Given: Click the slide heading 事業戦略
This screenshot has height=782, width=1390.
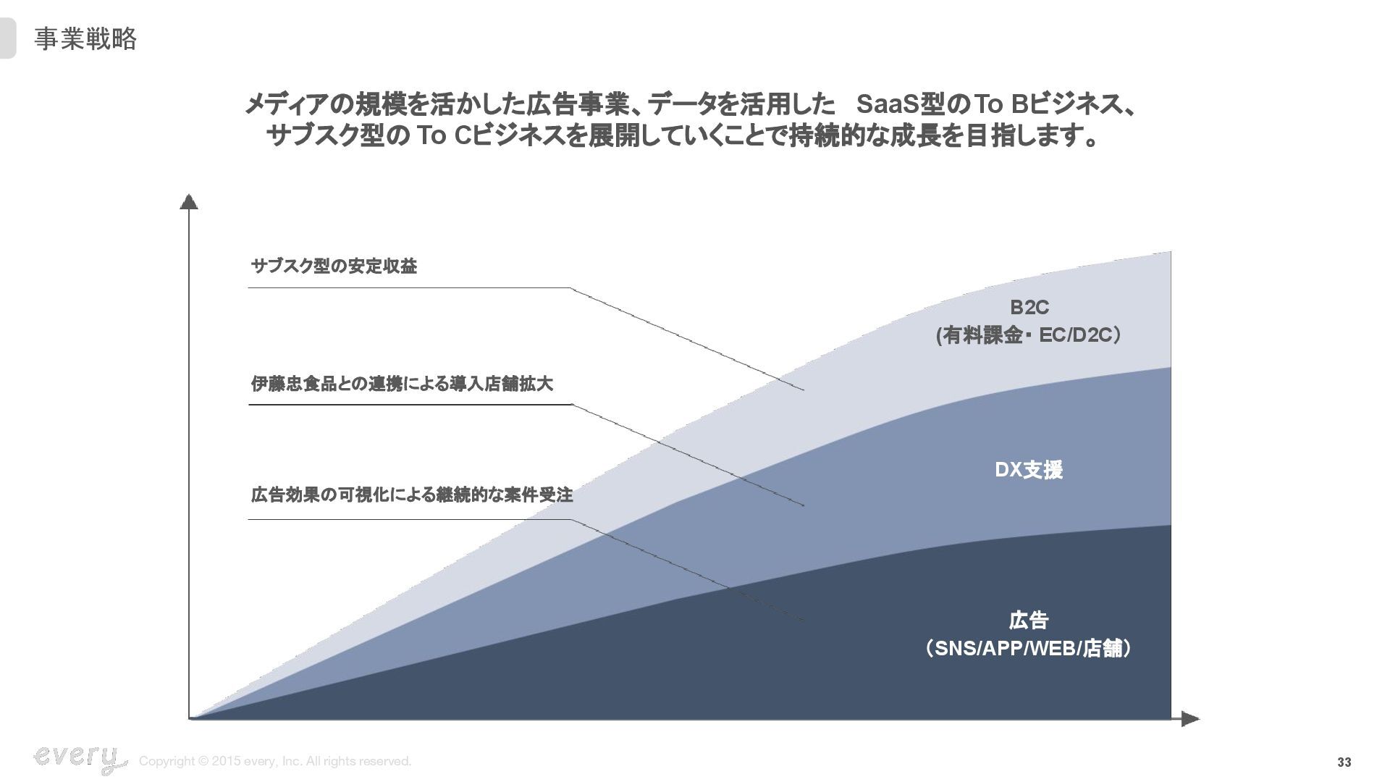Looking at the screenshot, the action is pos(85,39).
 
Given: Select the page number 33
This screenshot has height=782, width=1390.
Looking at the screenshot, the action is pos(1344,762).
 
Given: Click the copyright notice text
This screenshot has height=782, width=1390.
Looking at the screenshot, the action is pos(275,761).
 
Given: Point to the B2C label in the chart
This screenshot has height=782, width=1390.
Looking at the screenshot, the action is pos(1029,308).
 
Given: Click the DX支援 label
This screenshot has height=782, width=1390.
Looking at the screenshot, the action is pos(1029,470).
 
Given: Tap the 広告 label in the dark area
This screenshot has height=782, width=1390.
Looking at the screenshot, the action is pos(1029,621).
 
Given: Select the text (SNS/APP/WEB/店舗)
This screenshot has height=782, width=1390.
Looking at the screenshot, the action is pos(1029,648).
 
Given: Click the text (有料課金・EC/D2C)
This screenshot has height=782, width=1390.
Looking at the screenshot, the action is pos(1029,335).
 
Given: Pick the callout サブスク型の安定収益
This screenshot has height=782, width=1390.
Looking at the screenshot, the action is pos(334,266).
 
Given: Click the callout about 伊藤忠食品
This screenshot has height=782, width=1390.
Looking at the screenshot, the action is pos(402,383).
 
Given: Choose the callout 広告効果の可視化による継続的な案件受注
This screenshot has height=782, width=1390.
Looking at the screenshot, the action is pos(411,495).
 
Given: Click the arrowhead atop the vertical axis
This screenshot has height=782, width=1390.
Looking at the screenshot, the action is pos(189,201).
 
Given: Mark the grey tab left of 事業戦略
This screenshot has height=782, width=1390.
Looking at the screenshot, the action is pos(7,39).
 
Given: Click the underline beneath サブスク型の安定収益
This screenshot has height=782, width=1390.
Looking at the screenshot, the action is pos(409,288).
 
